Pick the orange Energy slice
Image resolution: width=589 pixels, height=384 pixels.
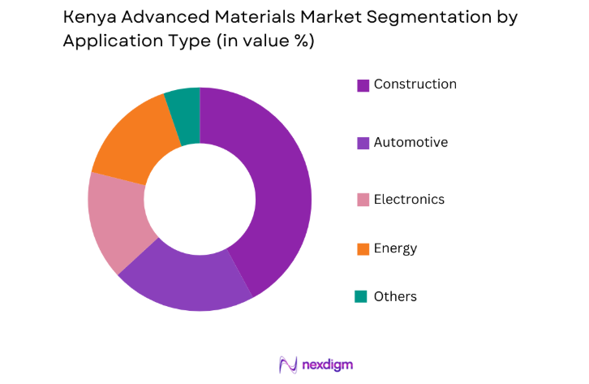point(134,142)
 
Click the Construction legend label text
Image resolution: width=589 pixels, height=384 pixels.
point(415,84)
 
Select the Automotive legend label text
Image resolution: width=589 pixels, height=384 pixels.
point(411,142)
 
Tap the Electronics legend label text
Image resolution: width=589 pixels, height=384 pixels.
point(409,199)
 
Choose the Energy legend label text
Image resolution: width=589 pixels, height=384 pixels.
point(395,248)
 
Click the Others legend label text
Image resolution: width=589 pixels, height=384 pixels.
point(395,296)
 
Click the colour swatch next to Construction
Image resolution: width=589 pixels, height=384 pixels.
point(363,85)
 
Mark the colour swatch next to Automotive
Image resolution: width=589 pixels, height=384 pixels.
point(363,143)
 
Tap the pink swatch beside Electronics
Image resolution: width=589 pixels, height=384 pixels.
point(363,200)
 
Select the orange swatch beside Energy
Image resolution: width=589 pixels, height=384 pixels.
point(363,248)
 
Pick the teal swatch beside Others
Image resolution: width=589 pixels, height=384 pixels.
point(363,297)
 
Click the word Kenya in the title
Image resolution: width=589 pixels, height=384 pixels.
point(87,17)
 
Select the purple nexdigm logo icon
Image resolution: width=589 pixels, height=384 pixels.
point(287,364)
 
